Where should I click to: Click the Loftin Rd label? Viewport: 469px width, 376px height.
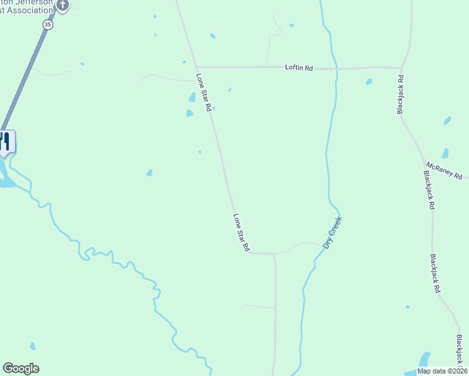pos(298,68)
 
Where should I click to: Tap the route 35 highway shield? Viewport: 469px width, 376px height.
pos(48,24)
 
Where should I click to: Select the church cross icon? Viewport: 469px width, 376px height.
pos(62,5)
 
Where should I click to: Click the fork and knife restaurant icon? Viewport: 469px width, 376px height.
pos(5,141)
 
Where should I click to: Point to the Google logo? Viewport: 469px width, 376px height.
pos(21,368)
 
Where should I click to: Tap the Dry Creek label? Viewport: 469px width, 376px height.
pos(333,233)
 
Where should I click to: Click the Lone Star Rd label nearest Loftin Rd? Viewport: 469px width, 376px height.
pos(204,93)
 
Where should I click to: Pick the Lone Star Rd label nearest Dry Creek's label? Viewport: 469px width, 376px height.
pos(241,232)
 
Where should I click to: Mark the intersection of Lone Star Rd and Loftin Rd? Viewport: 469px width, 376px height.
pos(196,67)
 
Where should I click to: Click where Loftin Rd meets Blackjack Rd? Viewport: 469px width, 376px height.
pos(401,68)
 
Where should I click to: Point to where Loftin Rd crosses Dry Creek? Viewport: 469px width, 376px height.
pos(337,68)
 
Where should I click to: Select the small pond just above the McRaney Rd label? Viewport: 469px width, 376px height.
pos(445,153)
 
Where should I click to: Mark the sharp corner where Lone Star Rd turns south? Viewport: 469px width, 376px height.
pos(274,254)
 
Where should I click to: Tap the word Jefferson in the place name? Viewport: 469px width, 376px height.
pos(34,3)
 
